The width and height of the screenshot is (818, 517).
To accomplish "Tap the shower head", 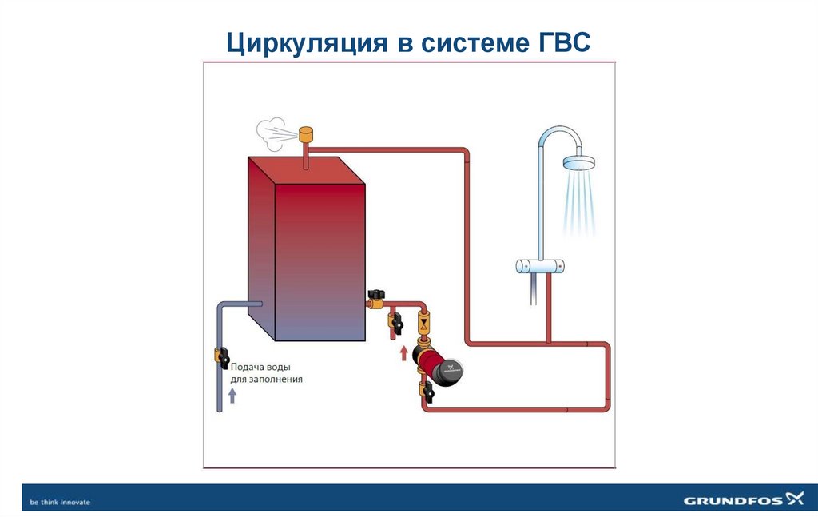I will point(580,163).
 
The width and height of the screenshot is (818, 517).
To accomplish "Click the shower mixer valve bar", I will point(543,266).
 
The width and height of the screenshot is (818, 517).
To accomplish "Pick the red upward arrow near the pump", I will point(403,352).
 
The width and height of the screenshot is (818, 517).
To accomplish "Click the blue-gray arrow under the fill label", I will point(232,396).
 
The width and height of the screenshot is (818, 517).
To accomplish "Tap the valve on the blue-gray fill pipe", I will point(220,356).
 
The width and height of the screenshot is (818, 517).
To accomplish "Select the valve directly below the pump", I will point(424,391).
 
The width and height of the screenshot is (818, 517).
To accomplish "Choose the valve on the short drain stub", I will point(394,323).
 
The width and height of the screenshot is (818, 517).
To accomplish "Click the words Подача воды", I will point(256,367).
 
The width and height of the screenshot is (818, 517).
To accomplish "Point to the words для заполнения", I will point(266,380).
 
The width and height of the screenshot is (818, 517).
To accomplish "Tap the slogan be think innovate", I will point(60,502).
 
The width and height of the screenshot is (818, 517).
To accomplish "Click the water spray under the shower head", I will point(579,204).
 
